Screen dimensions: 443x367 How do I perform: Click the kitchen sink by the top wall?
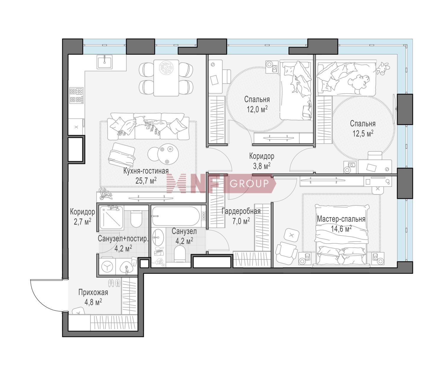coord(105,62)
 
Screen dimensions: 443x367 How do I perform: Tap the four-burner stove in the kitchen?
coord(76,96)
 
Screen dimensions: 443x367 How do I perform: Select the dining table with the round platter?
coord(166,78)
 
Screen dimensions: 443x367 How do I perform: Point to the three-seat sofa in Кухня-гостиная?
coord(148,126)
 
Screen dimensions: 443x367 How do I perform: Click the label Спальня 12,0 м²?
coord(257,104)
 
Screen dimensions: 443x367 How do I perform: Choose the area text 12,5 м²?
coord(363,133)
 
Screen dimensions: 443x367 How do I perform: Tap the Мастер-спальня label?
coord(341,219)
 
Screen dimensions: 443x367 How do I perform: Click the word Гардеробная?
coord(241,211)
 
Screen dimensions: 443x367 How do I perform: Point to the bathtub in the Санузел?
coord(176,216)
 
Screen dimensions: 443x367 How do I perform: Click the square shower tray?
coord(111,218)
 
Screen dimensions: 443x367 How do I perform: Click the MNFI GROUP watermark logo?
coord(221,183)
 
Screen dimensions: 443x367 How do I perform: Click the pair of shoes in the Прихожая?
coord(114,283)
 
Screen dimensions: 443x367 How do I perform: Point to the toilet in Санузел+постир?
coord(136,219)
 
